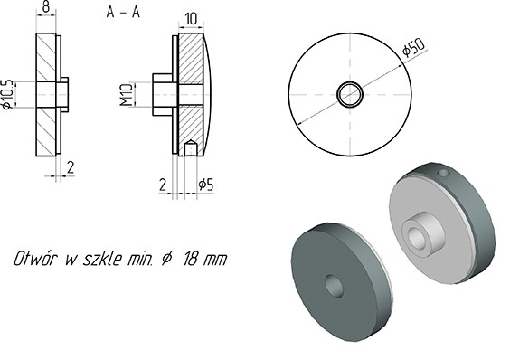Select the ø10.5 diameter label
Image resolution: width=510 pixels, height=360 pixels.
point(8,93)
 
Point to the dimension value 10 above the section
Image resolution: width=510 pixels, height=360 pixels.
point(191,18)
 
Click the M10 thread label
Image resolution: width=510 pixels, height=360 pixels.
point(127,93)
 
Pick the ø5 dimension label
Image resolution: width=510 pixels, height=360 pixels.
point(207,185)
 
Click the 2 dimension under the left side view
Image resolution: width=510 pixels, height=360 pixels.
point(71,166)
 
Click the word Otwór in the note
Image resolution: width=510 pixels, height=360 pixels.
point(38,259)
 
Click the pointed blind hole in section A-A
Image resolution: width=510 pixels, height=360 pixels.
point(190,145)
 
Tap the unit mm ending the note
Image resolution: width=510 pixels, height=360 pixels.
point(215,259)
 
